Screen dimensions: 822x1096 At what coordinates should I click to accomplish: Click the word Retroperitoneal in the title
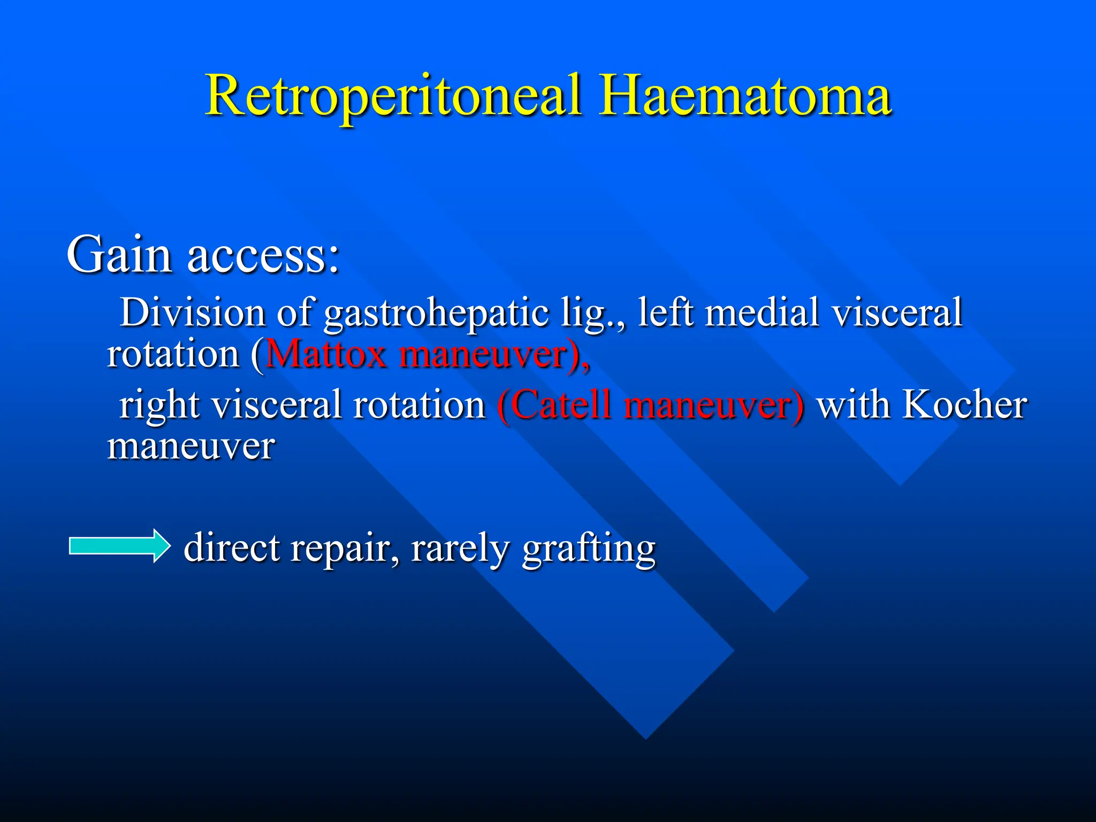coord(393,96)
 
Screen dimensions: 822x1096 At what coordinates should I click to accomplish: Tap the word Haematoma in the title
coord(745,96)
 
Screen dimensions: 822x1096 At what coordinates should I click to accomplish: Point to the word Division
coord(192,313)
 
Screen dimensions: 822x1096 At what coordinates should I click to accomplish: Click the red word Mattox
coord(325,354)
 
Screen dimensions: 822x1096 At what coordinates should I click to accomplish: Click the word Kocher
coord(964,405)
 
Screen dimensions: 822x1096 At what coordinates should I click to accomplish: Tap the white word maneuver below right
coord(191,447)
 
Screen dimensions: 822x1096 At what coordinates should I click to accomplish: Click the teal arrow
coord(120,546)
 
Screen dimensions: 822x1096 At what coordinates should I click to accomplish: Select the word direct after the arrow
coord(232,548)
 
